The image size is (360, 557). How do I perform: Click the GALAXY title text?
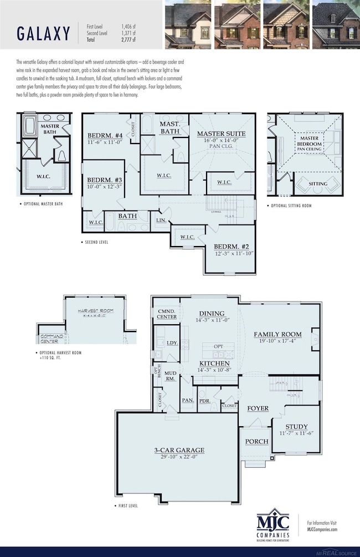(x=43, y=34)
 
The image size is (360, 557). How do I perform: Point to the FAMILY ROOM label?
(x=277, y=334)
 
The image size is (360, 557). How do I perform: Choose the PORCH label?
(x=256, y=442)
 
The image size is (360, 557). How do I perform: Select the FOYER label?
(x=258, y=408)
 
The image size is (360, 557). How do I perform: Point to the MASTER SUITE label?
(x=221, y=134)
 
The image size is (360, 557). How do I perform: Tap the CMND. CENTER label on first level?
(x=167, y=314)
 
